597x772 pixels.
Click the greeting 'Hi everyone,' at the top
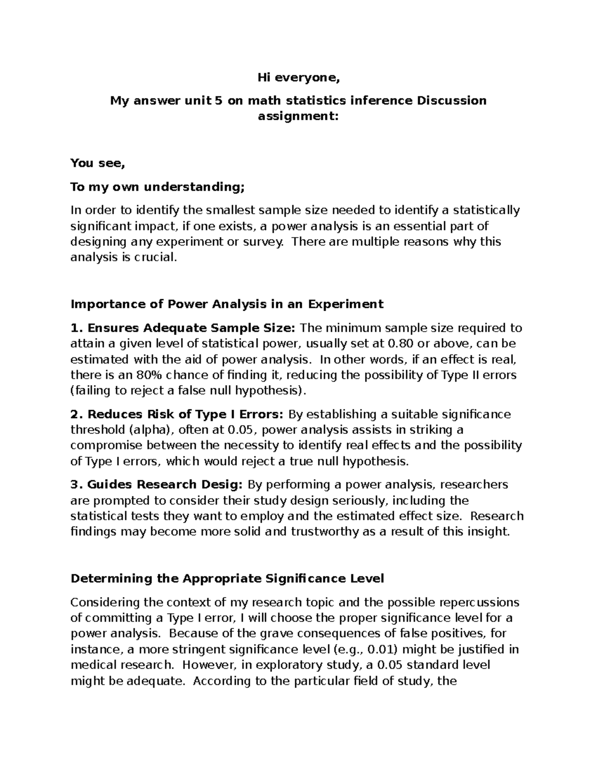(298, 77)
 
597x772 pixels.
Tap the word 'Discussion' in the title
(451, 101)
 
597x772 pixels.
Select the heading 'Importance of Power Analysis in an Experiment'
(227, 304)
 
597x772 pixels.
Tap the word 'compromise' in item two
(106, 445)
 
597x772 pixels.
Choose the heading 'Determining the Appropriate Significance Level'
(227, 578)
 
